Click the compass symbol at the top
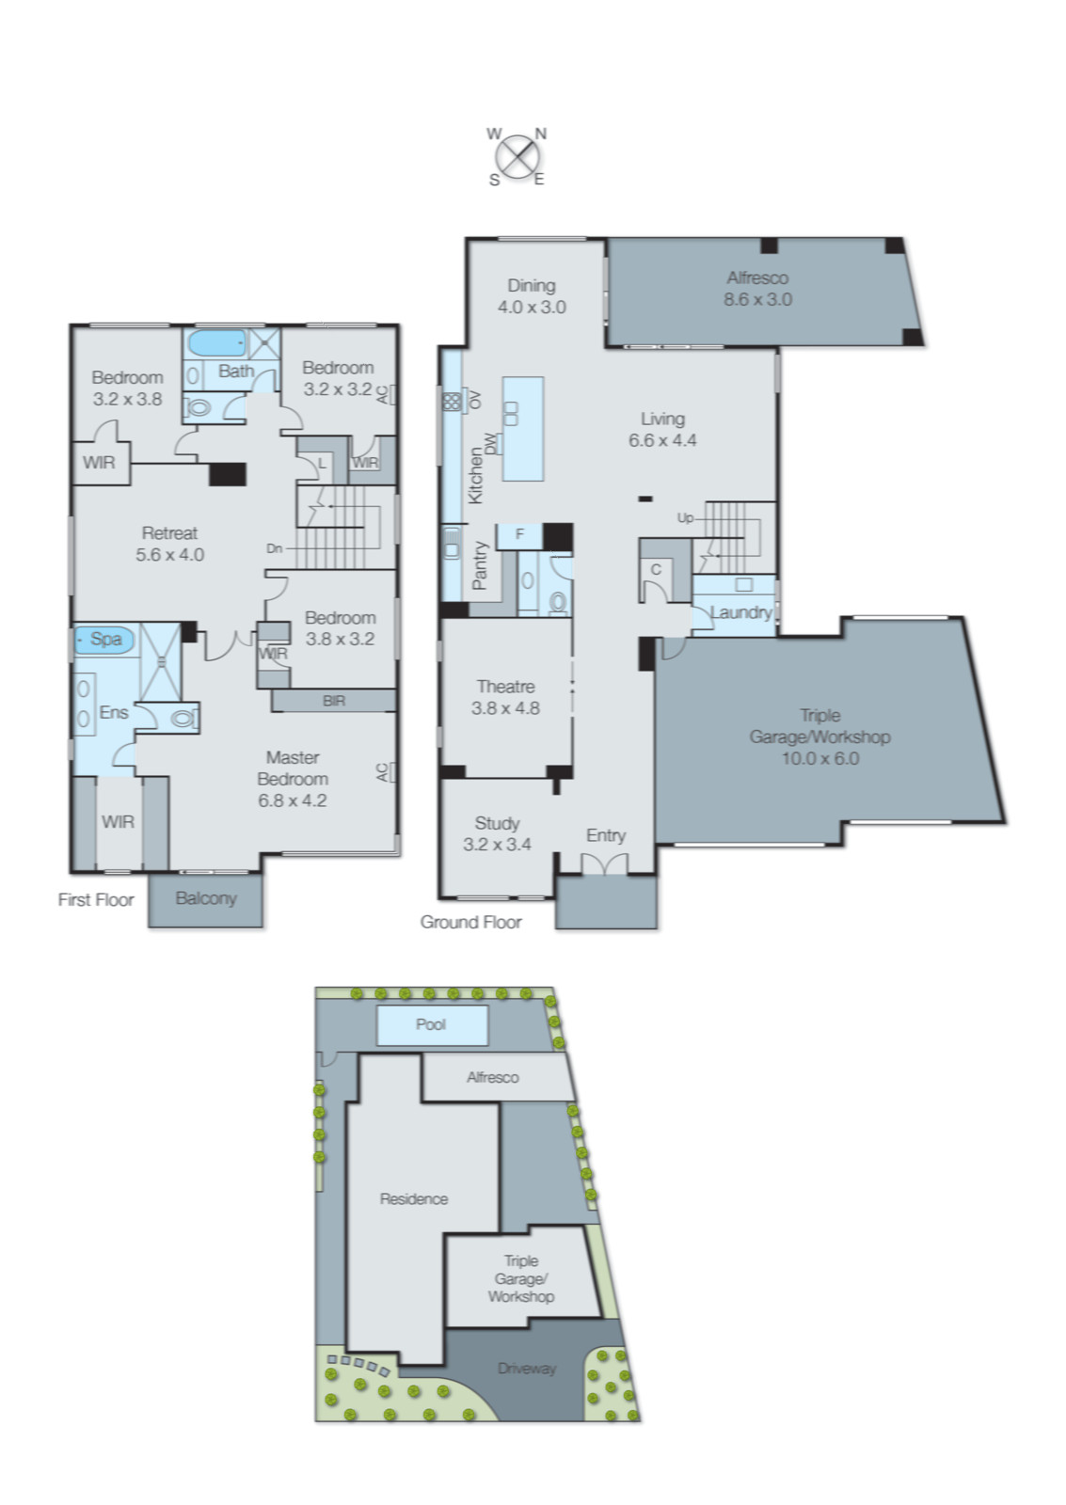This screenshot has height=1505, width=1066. pyautogui.click(x=517, y=155)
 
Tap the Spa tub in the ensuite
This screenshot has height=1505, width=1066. pyautogui.click(x=104, y=639)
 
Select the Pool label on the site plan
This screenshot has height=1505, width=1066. pyautogui.click(x=430, y=1023)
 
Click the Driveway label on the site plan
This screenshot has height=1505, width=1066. pyautogui.click(x=526, y=1368)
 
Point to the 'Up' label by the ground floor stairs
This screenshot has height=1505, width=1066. pyautogui.click(x=684, y=517)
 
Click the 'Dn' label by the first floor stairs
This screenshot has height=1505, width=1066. pyautogui.click(x=274, y=547)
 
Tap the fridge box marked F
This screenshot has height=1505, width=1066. pyautogui.click(x=519, y=534)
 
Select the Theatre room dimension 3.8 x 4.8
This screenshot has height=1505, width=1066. pyautogui.click(x=505, y=708)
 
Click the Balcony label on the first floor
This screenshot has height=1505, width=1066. pyautogui.click(x=205, y=897)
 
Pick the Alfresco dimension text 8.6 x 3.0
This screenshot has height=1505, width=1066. pyautogui.click(x=756, y=299)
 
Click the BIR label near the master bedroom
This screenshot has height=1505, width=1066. pyautogui.click(x=333, y=700)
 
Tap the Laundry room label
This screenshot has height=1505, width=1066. pyautogui.click(x=740, y=612)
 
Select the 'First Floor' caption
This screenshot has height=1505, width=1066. pyautogui.click(x=96, y=899)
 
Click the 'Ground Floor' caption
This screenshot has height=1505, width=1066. pyautogui.click(x=470, y=922)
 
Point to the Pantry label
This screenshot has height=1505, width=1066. pyautogui.click(x=480, y=565)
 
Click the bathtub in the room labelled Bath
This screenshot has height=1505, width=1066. pyautogui.click(x=216, y=341)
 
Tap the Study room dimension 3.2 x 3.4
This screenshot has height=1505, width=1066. pyautogui.click(x=497, y=844)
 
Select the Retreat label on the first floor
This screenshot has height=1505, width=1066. pyautogui.click(x=169, y=532)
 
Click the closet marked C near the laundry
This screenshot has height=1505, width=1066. pyautogui.click(x=656, y=569)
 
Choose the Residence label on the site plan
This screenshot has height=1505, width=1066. pyautogui.click(x=413, y=1198)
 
